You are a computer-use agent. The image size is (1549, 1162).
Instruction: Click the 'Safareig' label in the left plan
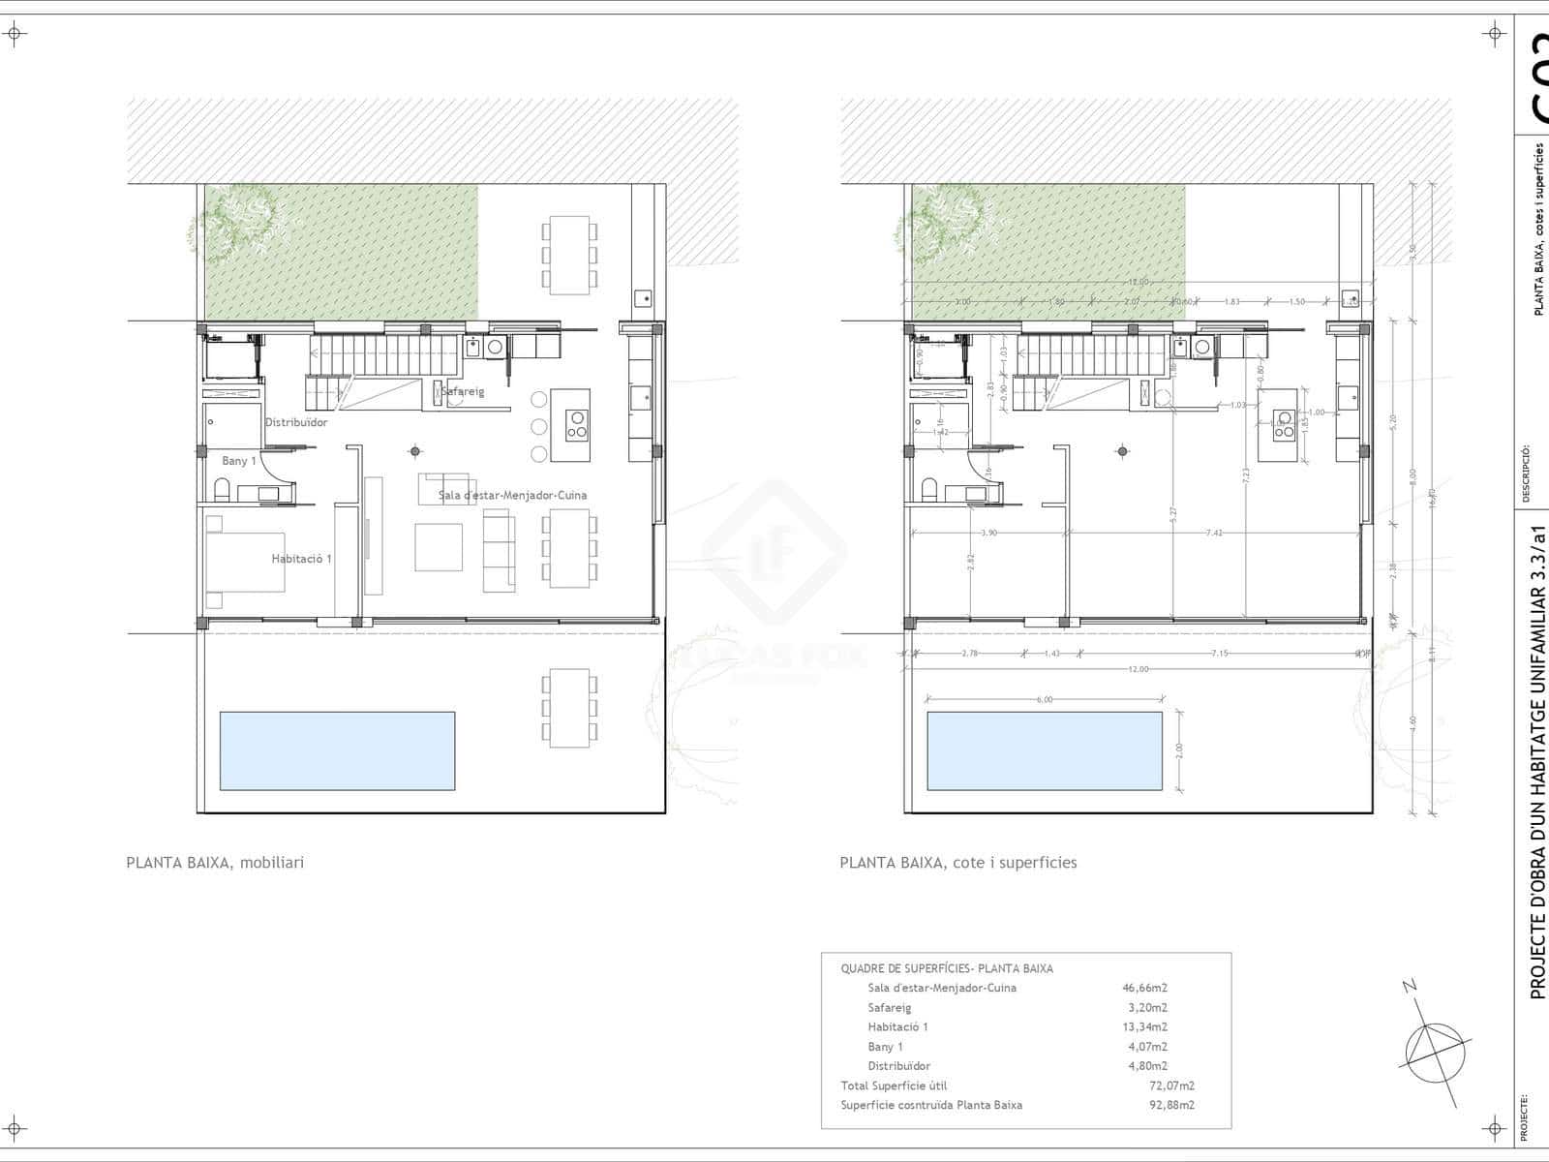[x=463, y=391]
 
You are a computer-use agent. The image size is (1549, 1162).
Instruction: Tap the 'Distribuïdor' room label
[x=296, y=422]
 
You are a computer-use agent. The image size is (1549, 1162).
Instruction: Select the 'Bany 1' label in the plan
[x=238, y=461]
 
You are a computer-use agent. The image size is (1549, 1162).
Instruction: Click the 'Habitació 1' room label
[x=301, y=559]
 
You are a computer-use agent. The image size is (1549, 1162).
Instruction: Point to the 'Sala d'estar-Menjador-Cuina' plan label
[x=512, y=495]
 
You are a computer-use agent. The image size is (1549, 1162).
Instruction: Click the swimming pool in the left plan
[x=337, y=750]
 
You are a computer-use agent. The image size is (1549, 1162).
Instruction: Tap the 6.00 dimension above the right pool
[x=1044, y=699]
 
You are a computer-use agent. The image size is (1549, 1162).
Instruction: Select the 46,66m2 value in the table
[x=1144, y=988]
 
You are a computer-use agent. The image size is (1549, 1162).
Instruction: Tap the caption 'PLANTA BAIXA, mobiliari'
[x=215, y=863]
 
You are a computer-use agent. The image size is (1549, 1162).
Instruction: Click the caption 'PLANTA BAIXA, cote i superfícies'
[x=957, y=863]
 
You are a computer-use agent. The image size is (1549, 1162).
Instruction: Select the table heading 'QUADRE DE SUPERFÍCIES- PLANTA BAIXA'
[x=946, y=968]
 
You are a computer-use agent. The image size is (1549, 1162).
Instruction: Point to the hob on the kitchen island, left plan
[x=577, y=426]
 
